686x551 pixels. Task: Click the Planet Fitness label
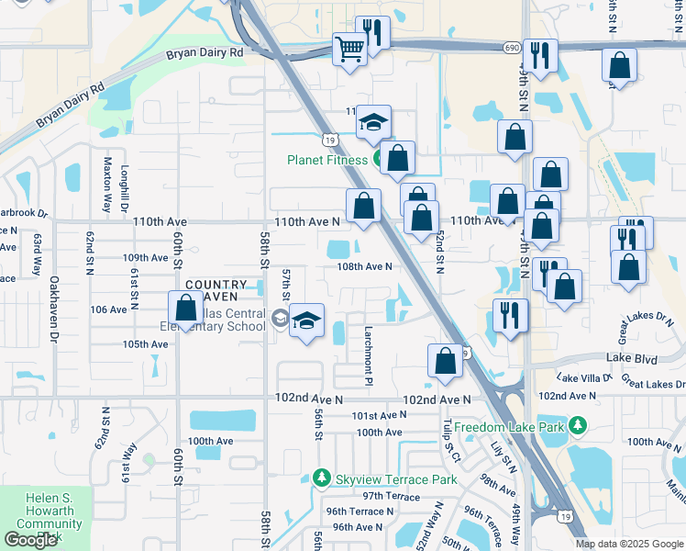(327, 160)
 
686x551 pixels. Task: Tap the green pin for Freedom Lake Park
(578, 425)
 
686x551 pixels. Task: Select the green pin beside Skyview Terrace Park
(321, 478)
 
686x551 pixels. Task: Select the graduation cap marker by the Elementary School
(307, 320)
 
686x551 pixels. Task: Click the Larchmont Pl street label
(369, 342)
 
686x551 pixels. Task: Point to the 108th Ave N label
(364, 267)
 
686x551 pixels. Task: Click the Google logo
(30, 540)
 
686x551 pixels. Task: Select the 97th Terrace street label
(390, 496)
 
